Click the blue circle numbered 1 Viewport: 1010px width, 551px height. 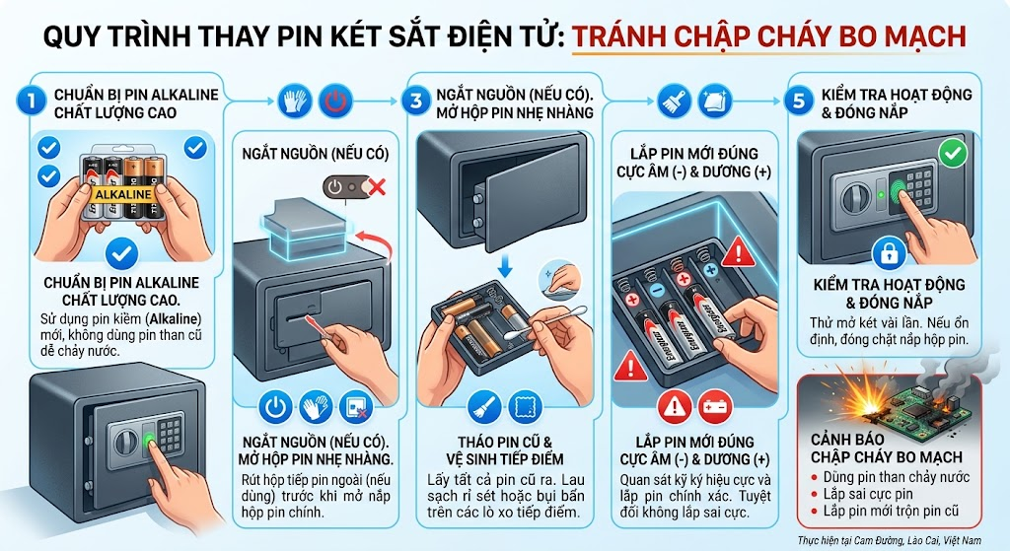click(31, 102)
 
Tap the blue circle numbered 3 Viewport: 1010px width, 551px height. click(415, 102)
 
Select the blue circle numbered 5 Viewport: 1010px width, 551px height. click(799, 102)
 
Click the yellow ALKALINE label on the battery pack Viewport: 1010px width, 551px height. click(123, 194)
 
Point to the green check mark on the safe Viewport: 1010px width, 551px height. click(953, 154)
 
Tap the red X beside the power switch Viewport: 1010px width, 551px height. click(376, 187)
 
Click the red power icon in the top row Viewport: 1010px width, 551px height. click(335, 102)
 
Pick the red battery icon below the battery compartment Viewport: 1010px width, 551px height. click(714, 407)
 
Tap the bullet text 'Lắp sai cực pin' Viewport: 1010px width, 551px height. click(868, 495)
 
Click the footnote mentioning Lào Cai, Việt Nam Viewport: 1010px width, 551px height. click(890, 540)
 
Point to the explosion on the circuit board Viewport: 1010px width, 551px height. click(863, 400)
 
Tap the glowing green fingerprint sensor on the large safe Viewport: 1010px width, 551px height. click(148, 441)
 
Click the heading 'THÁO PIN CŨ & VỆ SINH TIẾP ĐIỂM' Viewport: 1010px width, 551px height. click(505, 450)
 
